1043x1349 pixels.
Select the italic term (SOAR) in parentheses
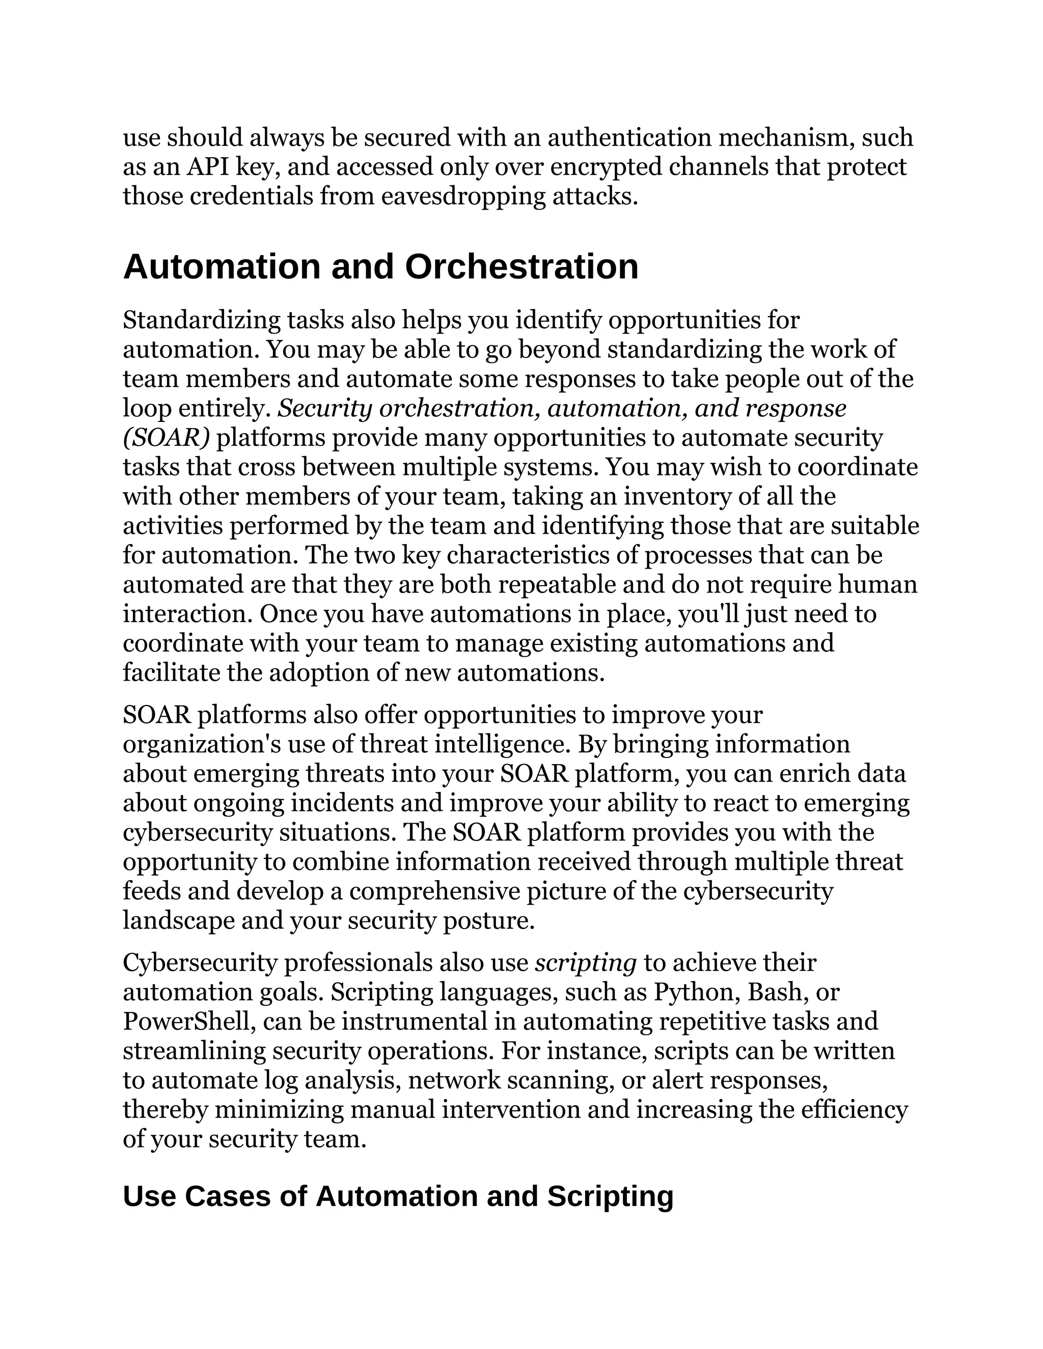[x=166, y=438]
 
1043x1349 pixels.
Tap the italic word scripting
[x=585, y=962]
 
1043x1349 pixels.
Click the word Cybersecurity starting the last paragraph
[x=199, y=962]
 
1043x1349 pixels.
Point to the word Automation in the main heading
[x=223, y=267]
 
